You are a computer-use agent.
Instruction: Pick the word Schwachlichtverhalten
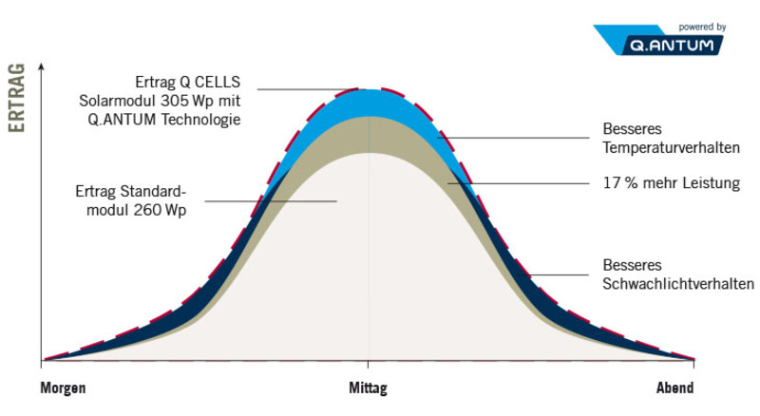pos(678,283)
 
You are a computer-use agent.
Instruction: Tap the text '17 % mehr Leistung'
pos(671,182)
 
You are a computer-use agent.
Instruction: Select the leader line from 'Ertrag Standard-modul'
pos(270,200)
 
